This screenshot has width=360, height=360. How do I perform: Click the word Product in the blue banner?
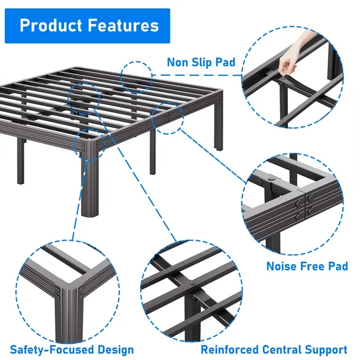(x=49, y=25)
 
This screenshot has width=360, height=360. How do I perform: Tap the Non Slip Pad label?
(x=201, y=62)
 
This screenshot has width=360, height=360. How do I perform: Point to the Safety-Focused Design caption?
(x=72, y=350)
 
